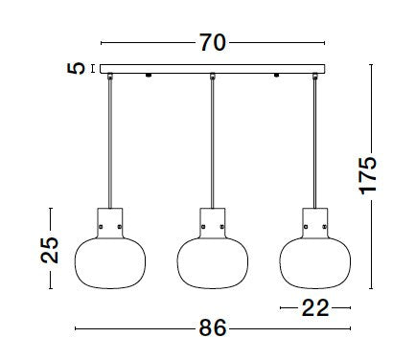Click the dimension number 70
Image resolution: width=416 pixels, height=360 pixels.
tap(213, 43)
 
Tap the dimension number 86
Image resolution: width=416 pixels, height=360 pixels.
tap(213, 327)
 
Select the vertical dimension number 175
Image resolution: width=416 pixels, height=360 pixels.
tap(368, 175)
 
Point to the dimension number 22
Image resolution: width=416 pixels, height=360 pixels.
tap(315, 307)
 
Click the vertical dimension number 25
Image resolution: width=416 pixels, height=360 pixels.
tap(50, 250)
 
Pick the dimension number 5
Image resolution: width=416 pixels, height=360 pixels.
tap(76, 68)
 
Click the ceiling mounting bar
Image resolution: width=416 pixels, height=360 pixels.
tap(213, 69)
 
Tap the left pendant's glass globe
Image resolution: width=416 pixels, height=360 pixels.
tap(110, 263)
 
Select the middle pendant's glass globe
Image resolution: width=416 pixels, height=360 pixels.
tap(213, 263)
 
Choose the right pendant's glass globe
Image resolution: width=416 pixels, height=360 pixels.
tap(315, 263)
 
